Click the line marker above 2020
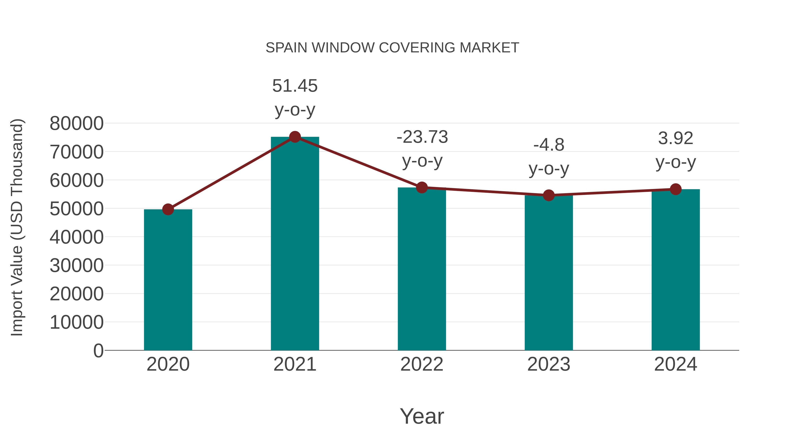coord(168,210)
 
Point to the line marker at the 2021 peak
coord(295,137)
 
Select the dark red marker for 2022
coord(422,187)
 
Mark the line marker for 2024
coord(676,189)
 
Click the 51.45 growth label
coord(295,86)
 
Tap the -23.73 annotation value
coord(422,137)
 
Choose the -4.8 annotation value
coord(549,145)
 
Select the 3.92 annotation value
coord(676,138)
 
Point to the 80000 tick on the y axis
coord(77,124)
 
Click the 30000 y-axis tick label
coord(77,265)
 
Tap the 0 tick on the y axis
coord(98,351)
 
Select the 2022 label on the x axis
coord(422,364)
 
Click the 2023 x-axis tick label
coord(549,364)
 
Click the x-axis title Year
coord(422,416)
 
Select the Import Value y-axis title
coord(17,227)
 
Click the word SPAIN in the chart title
coord(286,48)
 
